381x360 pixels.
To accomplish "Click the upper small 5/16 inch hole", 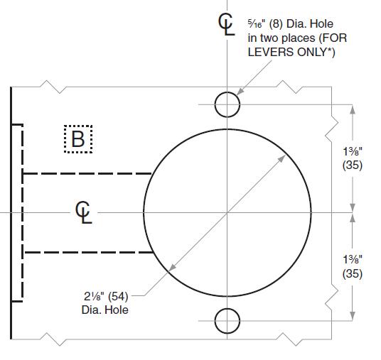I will [x=227, y=104].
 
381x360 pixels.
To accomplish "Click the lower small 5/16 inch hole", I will [x=227, y=320].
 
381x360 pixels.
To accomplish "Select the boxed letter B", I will [x=78, y=139].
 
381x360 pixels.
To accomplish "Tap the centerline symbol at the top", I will [x=226, y=23].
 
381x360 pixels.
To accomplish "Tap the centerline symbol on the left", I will [x=84, y=212].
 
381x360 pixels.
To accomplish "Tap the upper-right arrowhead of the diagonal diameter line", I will [x=281, y=158].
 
